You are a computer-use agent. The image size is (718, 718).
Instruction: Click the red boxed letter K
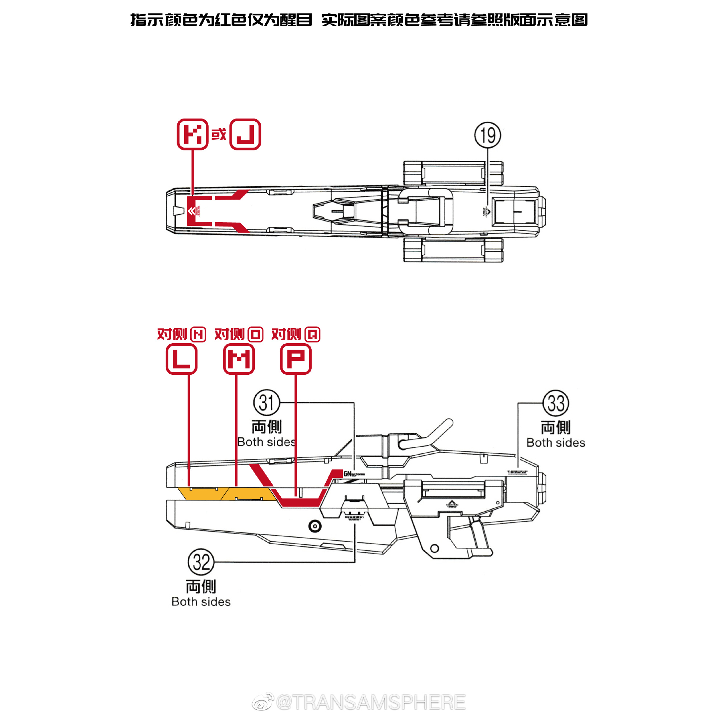pyautogui.click(x=192, y=134)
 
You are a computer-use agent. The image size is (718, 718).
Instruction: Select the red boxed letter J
pyautogui.click(x=245, y=134)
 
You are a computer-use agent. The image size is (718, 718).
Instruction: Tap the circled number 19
pyautogui.click(x=488, y=135)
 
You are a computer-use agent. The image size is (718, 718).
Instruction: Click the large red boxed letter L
pyautogui.click(x=181, y=359)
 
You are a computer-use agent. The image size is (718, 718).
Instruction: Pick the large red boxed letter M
pyautogui.click(x=239, y=359)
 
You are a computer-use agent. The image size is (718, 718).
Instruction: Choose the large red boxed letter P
pyautogui.click(x=296, y=359)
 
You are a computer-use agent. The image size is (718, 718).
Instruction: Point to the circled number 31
pyautogui.click(x=266, y=402)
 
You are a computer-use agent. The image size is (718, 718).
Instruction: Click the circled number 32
pyautogui.click(x=201, y=561)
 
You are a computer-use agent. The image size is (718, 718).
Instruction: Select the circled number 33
pyautogui.click(x=556, y=403)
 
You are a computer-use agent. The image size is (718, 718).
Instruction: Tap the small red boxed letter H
pyautogui.click(x=198, y=335)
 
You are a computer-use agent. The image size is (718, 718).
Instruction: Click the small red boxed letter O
pyautogui.click(x=255, y=335)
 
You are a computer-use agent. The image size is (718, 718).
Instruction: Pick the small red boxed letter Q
pyautogui.click(x=313, y=335)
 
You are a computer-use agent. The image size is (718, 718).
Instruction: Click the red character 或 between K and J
pyautogui.click(x=219, y=134)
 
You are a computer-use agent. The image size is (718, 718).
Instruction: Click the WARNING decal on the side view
pyautogui.click(x=354, y=517)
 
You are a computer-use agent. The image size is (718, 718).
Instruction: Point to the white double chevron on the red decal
pyautogui.click(x=191, y=211)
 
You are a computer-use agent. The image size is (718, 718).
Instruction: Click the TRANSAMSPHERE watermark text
pyautogui.click(x=370, y=703)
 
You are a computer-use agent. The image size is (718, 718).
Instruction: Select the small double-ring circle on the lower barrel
pyautogui.click(x=315, y=526)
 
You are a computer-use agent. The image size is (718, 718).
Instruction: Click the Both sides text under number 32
pyautogui.click(x=201, y=602)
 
